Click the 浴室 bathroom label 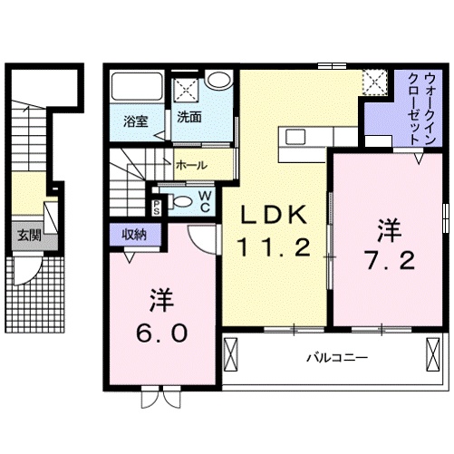[136, 121]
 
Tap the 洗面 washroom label [189, 117]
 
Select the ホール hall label [191, 165]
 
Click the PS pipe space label [156, 208]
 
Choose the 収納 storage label [134, 235]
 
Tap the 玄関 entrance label [29, 236]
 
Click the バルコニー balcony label [337, 358]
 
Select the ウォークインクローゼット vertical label [422, 109]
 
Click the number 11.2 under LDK [274, 247]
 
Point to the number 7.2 [390, 261]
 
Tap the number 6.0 [162, 333]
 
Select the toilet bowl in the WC [181, 201]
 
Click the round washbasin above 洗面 [218, 79]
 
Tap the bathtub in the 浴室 [137, 87]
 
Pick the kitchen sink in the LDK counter [296, 137]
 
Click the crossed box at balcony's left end [231, 353]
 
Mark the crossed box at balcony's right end [432, 353]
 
